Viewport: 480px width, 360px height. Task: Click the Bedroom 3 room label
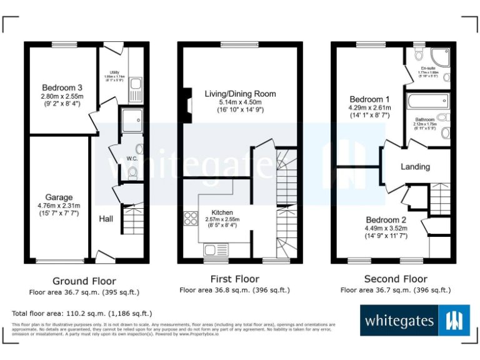click(x=62, y=87)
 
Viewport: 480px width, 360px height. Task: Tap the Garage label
click(x=59, y=197)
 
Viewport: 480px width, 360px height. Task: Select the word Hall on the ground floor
click(x=106, y=219)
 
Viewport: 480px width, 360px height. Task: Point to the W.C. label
click(x=132, y=159)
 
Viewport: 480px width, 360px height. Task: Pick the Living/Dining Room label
click(x=241, y=94)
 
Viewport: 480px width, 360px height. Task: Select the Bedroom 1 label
click(x=369, y=99)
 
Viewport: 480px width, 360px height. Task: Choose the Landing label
click(x=415, y=167)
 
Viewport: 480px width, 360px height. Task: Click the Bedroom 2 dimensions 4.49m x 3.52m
click(x=386, y=229)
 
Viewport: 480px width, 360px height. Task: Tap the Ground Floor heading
click(x=84, y=281)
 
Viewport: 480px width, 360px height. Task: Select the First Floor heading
click(x=234, y=279)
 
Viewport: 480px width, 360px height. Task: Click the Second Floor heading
click(x=396, y=279)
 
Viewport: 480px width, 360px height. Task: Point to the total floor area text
click(x=82, y=313)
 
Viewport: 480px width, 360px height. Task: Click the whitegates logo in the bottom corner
click(x=414, y=321)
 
